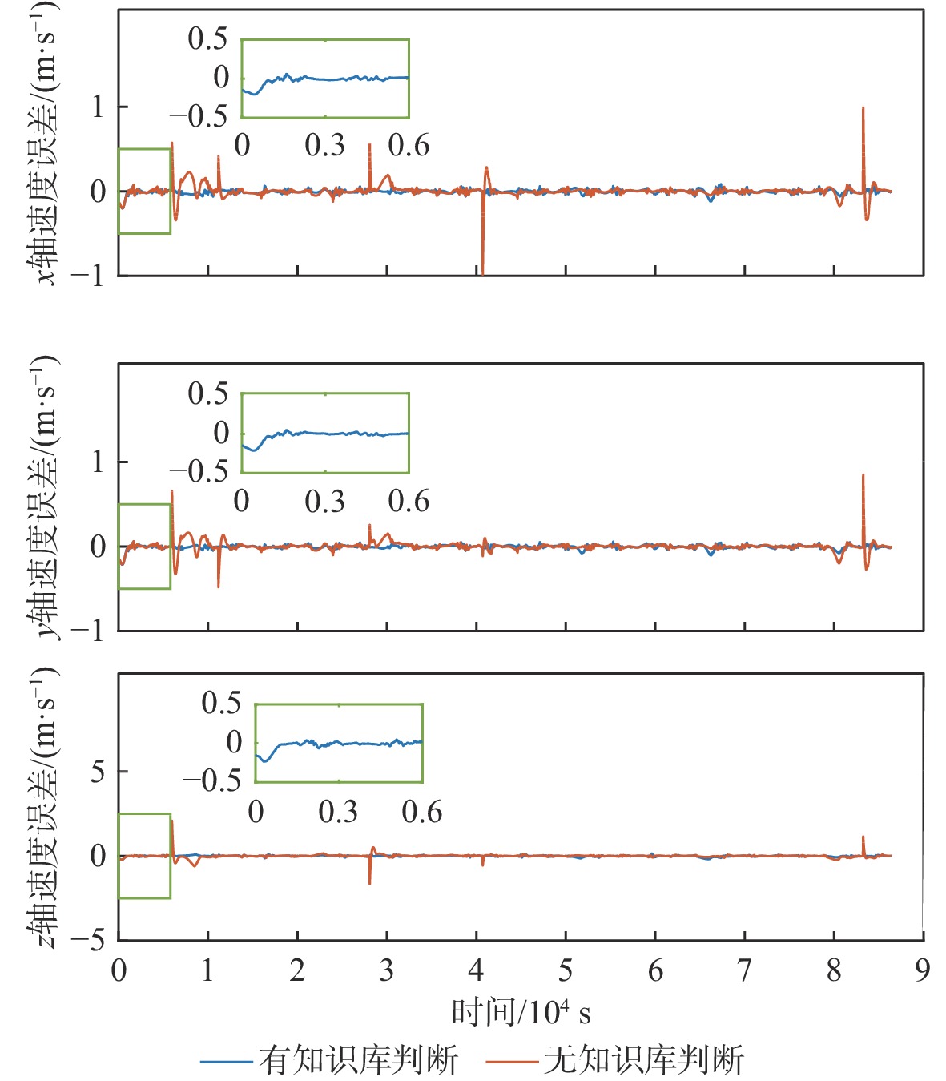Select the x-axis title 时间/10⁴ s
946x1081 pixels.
pyautogui.click(x=521, y=1013)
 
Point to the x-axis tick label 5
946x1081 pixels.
pyautogui.click(x=566, y=970)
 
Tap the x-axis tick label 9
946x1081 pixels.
pyautogui.click(x=923, y=970)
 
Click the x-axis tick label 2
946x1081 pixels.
pyautogui.click(x=297, y=970)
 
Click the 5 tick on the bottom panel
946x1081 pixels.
pyautogui.click(x=98, y=771)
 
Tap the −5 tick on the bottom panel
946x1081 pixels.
pyautogui.click(x=88, y=939)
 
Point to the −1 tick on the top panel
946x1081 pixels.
pyautogui.click(x=88, y=276)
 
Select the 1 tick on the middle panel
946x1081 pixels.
pyautogui.click(x=98, y=462)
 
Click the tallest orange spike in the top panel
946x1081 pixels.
pyautogui.click(x=863, y=109)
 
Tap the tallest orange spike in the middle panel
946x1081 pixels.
pyautogui.click(x=863, y=476)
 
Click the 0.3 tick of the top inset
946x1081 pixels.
pyautogui.click(x=324, y=145)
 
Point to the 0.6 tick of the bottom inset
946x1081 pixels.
pyautogui.click(x=422, y=812)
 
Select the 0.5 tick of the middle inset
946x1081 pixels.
pyautogui.click(x=207, y=393)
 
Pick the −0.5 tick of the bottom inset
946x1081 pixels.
pyautogui.click(x=211, y=780)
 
